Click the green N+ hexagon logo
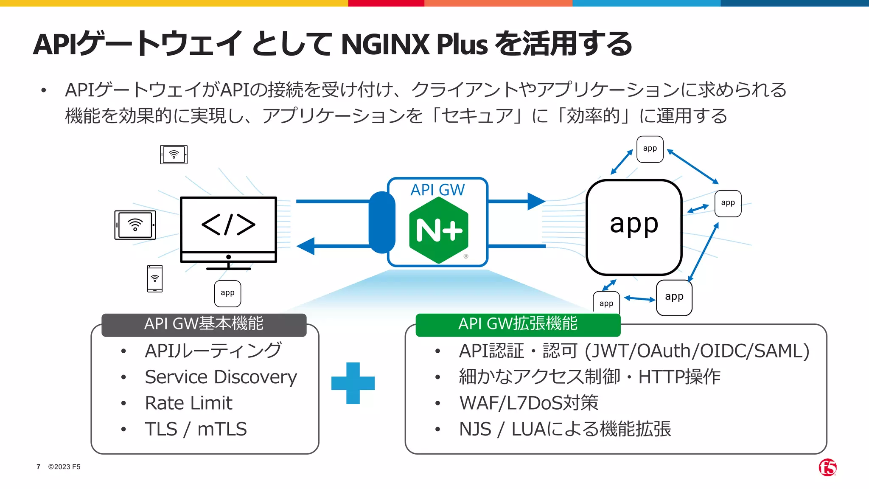click(x=439, y=230)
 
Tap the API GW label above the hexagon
click(x=437, y=190)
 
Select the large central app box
click(x=634, y=227)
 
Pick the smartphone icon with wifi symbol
click(x=155, y=278)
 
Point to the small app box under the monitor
click(x=228, y=293)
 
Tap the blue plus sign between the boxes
click(x=353, y=383)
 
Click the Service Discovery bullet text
click(x=221, y=377)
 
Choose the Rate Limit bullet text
click(x=188, y=403)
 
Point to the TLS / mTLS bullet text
click(x=196, y=429)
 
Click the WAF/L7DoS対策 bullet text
click(x=529, y=403)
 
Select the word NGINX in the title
click(x=385, y=44)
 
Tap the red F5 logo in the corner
click(x=827, y=467)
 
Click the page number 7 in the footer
click(x=39, y=467)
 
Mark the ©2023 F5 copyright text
click(x=64, y=467)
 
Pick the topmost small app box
click(x=650, y=149)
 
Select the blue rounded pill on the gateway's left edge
click(x=382, y=222)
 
